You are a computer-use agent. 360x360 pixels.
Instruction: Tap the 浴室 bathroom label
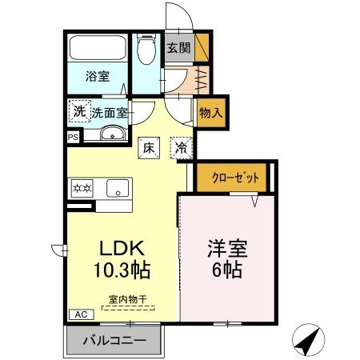coord(98,78)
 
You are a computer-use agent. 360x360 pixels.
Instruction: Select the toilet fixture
coord(145,51)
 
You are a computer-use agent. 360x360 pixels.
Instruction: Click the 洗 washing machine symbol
coord(78,111)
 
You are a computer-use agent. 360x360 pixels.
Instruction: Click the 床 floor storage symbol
coord(149,147)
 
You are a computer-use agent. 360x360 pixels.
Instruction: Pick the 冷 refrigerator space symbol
coord(182,147)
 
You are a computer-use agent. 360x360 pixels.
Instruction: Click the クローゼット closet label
coord(235,178)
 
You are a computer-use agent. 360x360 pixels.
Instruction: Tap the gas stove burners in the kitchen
coord(82,189)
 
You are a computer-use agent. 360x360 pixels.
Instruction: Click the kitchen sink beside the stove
coord(117,189)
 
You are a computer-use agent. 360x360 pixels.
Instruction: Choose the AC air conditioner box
coord(81,314)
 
